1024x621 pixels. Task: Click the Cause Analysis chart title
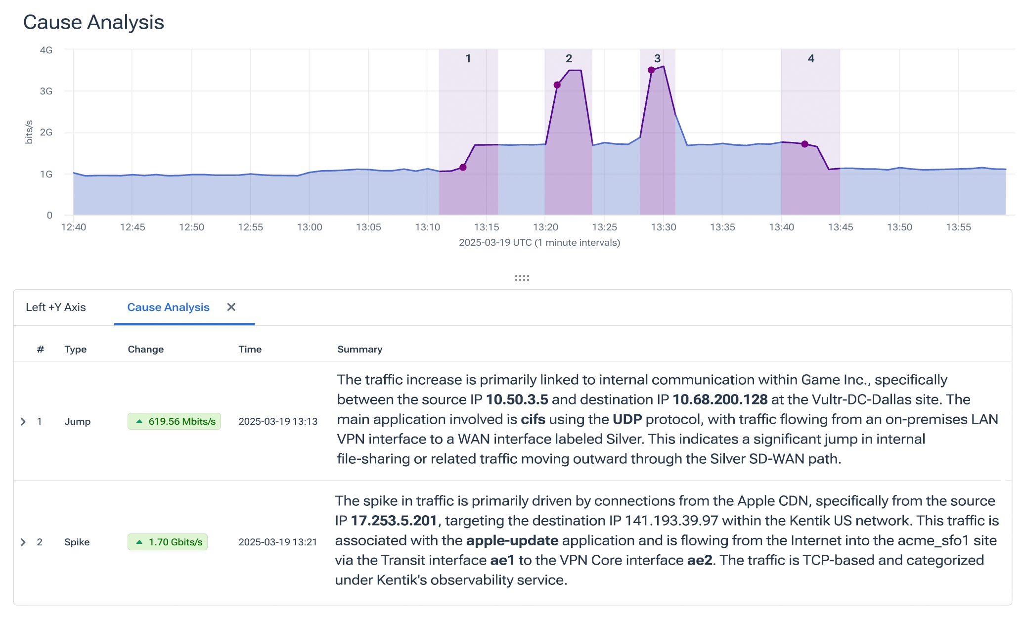coord(93,22)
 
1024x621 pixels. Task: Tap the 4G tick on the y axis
coord(46,50)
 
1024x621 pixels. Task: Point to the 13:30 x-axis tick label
coord(663,227)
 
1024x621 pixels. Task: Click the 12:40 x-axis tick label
coord(73,227)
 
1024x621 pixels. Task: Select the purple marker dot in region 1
coord(463,167)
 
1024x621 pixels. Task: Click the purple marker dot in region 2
coord(557,85)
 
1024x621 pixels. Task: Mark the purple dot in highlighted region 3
coord(651,70)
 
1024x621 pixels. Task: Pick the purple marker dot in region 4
coord(805,144)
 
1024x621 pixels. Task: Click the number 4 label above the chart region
coord(811,58)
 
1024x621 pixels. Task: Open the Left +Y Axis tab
coord(56,307)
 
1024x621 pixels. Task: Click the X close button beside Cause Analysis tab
coord(231,307)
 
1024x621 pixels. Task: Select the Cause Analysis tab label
coord(168,307)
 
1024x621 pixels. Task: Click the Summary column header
coord(359,349)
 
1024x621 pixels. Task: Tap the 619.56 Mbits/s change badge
coord(174,421)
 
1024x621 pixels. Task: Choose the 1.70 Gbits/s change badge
coord(168,542)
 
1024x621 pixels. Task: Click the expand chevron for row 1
coord(23,421)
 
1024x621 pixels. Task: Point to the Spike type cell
coord(77,542)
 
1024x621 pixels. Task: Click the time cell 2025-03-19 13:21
coord(277,542)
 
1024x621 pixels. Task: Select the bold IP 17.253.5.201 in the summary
coord(394,521)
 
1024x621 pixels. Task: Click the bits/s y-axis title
coord(29,132)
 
